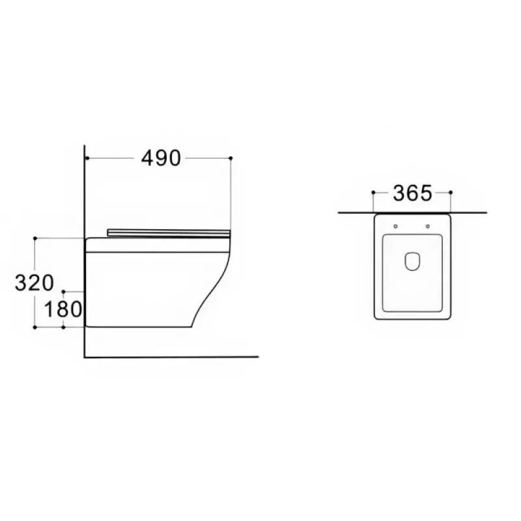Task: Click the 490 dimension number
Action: coord(161,158)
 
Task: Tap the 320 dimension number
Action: coord(35,283)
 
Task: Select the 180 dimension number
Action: coord(63,309)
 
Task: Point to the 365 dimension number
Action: coord(412,193)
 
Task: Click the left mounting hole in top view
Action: coord(395,226)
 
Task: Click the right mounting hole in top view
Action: coord(428,226)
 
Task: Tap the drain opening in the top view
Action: coord(412,262)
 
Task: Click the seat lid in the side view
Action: coord(169,233)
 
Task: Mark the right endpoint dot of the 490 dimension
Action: coord(231,158)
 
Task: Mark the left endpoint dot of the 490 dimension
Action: coord(87,158)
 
